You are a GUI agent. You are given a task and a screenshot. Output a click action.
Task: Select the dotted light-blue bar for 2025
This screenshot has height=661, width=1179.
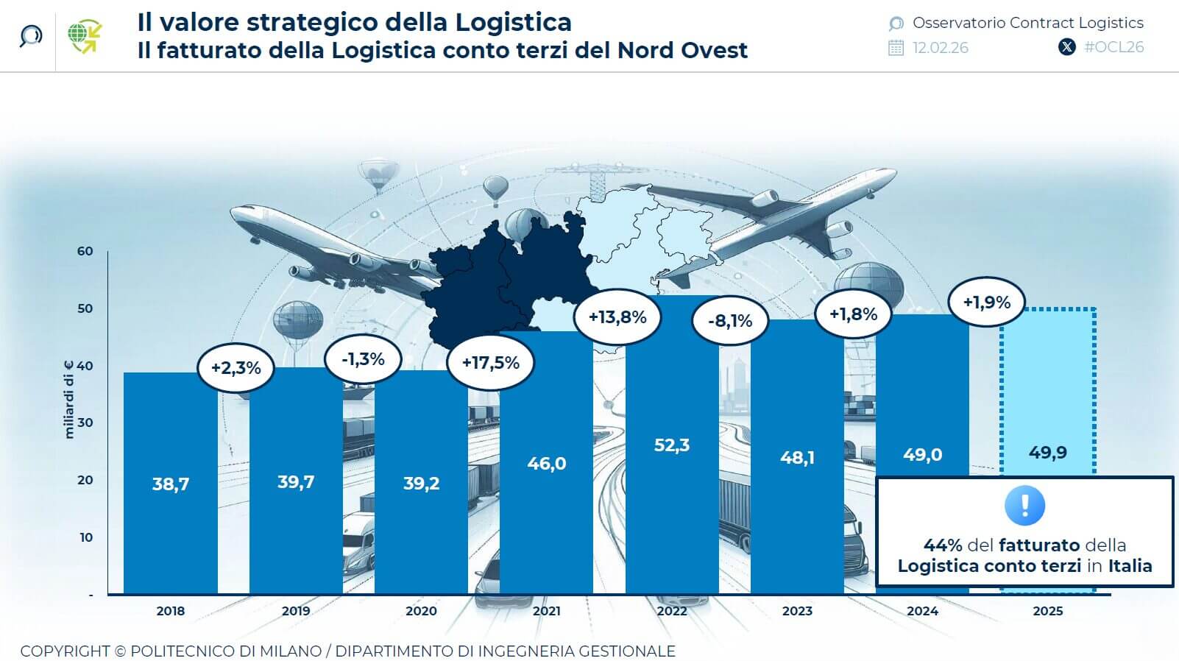click(1047, 397)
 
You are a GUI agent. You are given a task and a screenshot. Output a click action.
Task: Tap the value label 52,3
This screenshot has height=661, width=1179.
click(671, 445)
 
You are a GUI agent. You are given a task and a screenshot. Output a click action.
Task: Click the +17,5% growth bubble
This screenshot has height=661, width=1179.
click(490, 363)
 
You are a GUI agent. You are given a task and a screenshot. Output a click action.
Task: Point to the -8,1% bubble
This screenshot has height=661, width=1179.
click(730, 321)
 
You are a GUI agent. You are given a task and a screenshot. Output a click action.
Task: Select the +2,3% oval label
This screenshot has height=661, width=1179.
click(236, 367)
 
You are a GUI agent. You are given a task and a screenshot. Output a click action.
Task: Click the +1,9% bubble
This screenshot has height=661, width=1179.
click(986, 303)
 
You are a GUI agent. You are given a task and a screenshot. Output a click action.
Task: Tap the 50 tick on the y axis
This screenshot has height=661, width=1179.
click(85, 308)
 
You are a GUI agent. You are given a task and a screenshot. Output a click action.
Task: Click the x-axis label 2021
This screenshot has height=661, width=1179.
click(546, 611)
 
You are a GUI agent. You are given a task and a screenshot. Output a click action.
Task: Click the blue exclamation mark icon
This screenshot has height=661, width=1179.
click(1024, 506)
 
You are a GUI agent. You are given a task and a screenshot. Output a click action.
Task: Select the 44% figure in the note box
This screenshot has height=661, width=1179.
click(943, 545)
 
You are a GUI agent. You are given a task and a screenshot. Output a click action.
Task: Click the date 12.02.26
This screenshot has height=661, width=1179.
click(940, 48)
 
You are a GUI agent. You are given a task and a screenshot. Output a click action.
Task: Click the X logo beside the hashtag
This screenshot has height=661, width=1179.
click(1066, 47)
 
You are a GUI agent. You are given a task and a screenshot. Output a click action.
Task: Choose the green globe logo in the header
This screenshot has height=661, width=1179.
click(84, 36)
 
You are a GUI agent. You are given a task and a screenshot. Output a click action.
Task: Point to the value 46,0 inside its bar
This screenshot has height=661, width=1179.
click(546, 464)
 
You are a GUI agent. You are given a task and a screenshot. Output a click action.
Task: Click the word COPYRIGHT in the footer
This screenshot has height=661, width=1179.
click(65, 651)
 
